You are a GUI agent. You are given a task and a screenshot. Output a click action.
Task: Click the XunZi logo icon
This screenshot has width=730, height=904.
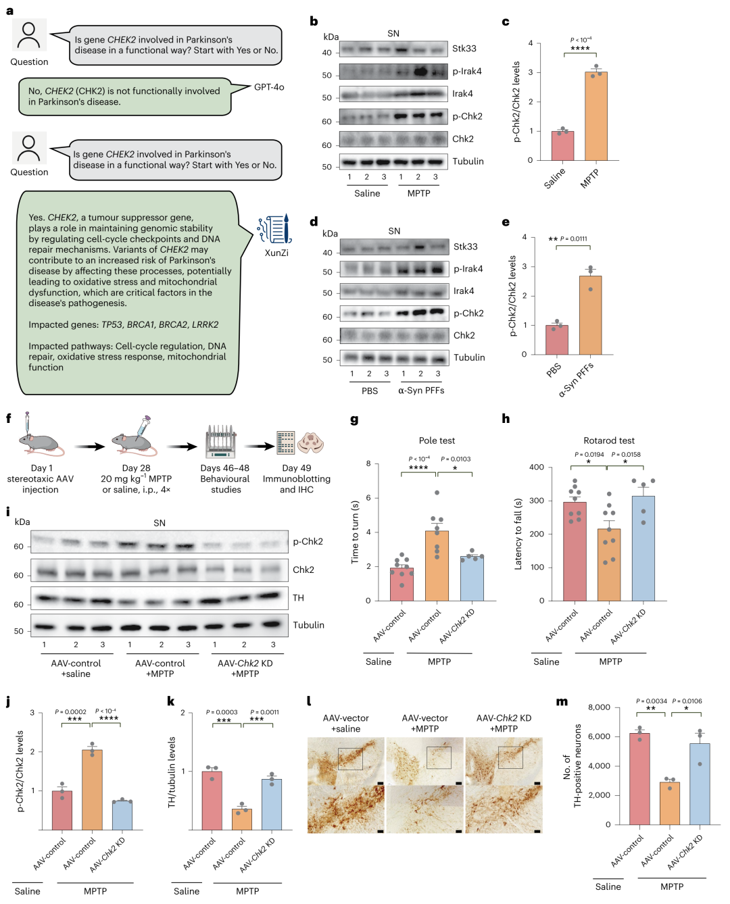(x=274, y=228)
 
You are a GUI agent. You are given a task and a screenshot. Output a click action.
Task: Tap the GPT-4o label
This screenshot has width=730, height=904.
(x=269, y=87)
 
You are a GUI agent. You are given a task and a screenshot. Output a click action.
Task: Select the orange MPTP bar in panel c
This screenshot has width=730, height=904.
(x=595, y=116)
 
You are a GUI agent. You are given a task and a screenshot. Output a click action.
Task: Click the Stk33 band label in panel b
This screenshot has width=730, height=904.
(x=464, y=49)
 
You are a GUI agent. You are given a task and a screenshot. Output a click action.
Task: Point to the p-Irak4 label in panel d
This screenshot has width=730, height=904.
(x=468, y=269)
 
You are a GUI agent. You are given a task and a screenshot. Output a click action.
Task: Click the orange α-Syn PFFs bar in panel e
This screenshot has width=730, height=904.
(x=590, y=315)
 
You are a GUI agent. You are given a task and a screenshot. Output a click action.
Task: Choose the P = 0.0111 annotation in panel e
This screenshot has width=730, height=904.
(x=573, y=238)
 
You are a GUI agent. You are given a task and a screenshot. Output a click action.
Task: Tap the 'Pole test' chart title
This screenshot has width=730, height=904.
(x=437, y=441)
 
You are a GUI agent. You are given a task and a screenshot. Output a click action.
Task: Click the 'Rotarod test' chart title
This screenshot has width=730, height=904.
(x=608, y=441)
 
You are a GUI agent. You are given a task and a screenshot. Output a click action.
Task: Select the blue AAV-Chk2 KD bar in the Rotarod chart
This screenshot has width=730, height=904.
(x=643, y=549)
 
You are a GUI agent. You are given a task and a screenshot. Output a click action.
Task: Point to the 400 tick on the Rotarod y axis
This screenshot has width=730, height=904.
(x=537, y=468)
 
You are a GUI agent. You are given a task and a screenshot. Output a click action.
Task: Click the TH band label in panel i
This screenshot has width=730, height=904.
(x=298, y=597)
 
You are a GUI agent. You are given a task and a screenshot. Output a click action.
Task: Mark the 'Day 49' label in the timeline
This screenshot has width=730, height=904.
(x=297, y=468)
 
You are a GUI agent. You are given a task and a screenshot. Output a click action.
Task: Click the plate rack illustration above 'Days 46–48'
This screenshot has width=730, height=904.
(x=221, y=442)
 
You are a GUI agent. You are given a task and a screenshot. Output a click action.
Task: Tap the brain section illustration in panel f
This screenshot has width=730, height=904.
(x=310, y=443)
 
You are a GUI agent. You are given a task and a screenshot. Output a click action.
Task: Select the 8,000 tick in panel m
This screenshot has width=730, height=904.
(x=599, y=707)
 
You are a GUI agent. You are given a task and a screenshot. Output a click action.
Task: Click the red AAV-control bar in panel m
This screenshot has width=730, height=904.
(x=639, y=779)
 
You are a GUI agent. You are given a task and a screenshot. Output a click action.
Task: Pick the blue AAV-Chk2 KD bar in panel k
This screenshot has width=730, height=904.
(x=272, y=804)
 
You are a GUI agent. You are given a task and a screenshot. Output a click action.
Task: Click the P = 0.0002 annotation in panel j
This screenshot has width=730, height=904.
(x=70, y=711)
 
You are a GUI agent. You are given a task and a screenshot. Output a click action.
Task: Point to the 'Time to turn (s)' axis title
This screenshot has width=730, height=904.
(x=355, y=532)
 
